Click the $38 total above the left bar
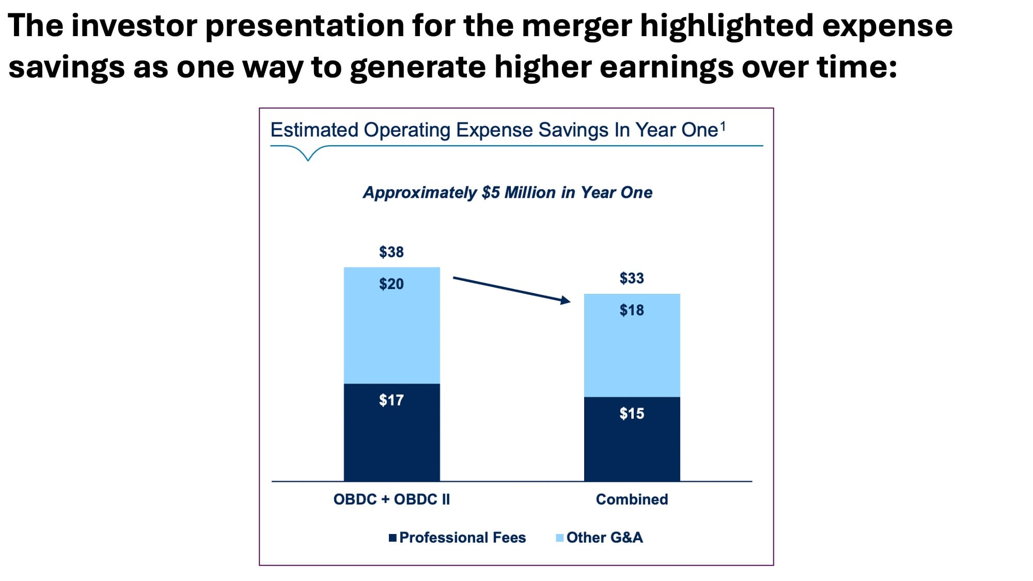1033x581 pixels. point(391,252)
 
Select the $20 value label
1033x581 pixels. point(391,284)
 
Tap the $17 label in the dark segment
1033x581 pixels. point(391,400)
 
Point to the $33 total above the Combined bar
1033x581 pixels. point(632,278)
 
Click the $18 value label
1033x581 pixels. point(632,310)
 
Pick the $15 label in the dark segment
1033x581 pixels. point(632,414)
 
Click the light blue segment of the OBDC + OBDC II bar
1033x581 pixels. point(392,336)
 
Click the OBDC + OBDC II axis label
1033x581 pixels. point(392,499)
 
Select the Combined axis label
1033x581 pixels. point(632,499)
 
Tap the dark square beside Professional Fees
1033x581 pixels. point(393,538)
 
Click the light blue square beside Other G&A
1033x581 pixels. point(559,538)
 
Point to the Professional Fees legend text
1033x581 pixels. point(462,538)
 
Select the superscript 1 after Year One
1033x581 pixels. point(723,125)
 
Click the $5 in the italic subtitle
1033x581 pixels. point(491,193)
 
